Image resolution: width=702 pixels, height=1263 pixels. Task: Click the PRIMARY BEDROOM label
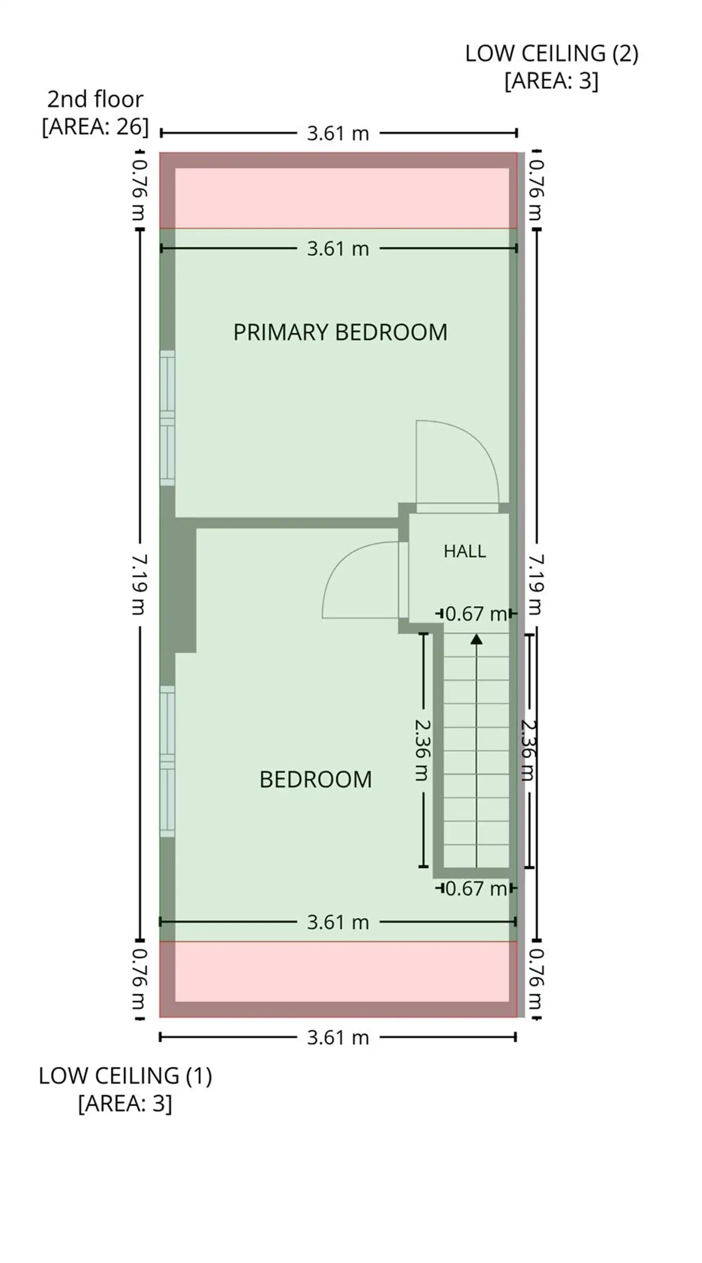pos(340,332)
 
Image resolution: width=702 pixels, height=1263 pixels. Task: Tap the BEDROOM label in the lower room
pos(316,779)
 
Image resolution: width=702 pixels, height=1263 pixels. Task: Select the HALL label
pos(464,551)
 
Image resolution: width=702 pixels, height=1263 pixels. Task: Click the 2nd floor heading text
pos(95,99)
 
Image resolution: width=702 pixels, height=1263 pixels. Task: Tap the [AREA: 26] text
pos(95,126)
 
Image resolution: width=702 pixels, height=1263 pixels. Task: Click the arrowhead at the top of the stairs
pos(476,639)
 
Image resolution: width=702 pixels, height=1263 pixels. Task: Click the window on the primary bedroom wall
pos(167,418)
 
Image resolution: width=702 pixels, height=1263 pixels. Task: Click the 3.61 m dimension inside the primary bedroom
pos(338,249)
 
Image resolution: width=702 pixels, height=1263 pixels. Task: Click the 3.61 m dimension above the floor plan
pos(338,133)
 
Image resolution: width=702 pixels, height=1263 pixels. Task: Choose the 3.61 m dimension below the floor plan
pos(338,1037)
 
